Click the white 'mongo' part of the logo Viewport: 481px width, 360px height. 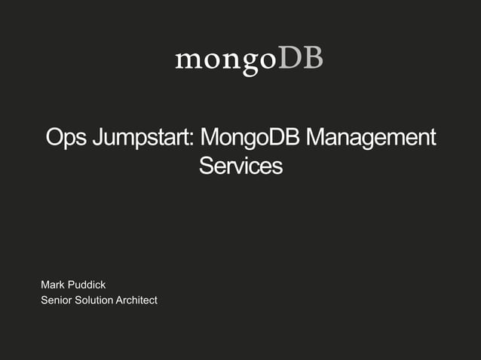coord(226,60)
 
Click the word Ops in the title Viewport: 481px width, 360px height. coord(64,139)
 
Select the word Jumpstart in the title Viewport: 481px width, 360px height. coord(141,140)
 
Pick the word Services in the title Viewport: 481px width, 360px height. coord(240,166)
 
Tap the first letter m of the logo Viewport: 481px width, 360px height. coord(186,60)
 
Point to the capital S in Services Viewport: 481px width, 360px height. coord(206,166)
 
